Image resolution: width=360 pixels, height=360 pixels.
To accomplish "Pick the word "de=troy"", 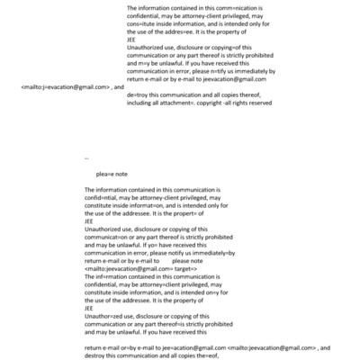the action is pos(139,93).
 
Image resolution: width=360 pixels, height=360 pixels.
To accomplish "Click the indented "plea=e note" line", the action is pos(112,174).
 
